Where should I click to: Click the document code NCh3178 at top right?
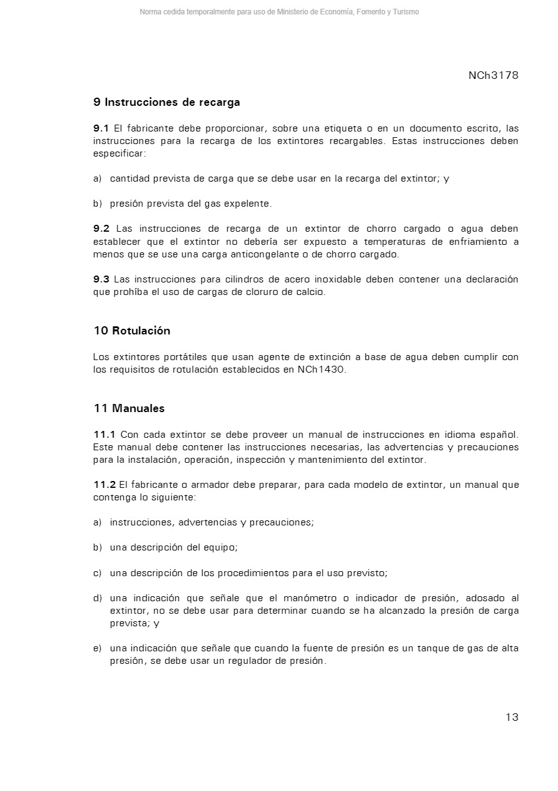coord(493,76)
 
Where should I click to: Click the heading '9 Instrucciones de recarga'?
coord(166,102)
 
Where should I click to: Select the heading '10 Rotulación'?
coord(132,331)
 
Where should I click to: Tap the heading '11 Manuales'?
coord(129,408)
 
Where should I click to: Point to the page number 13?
coord(512,718)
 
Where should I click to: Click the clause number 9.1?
coord(101,128)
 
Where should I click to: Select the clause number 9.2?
coord(101,229)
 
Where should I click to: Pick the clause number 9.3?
coord(101,279)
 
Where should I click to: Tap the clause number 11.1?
coord(104,435)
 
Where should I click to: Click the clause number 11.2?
coord(104,485)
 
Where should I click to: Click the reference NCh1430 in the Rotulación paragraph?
coord(322,370)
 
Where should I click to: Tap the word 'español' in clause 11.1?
coord(499,435)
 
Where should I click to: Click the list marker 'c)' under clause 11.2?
coord(98,573)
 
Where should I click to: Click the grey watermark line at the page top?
coord(279,12)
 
